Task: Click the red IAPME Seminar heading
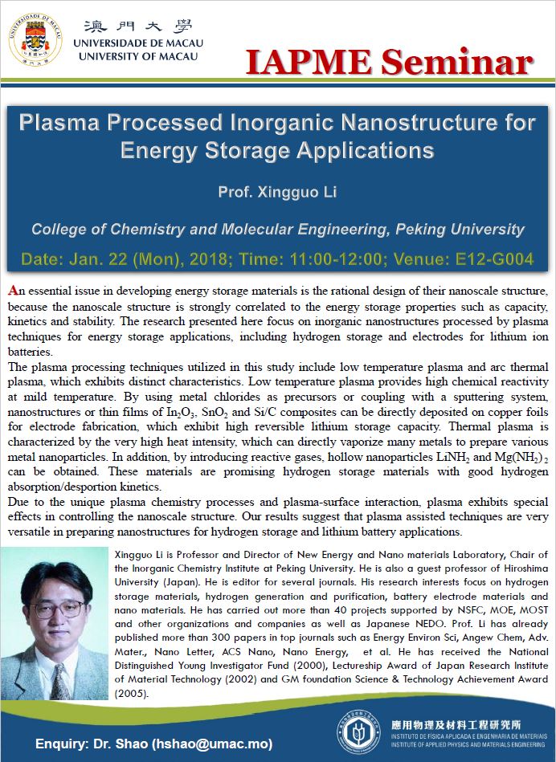point(389,62)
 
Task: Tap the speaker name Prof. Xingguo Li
point(277,192)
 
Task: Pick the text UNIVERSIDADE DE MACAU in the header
point(137,43)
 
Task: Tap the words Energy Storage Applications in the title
point(277,150)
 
